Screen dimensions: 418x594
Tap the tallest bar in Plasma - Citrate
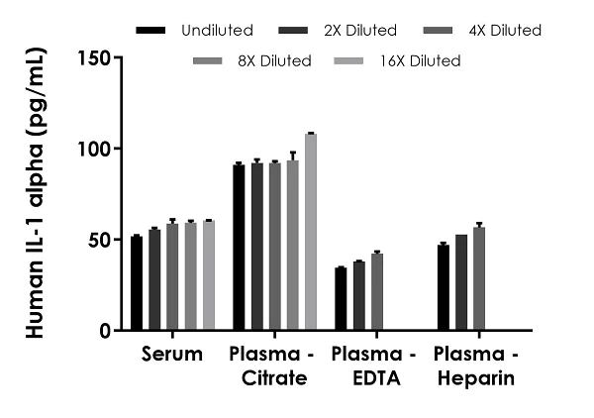click(x=311, y=232)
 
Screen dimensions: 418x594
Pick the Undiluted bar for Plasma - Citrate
click(x=239, y=248)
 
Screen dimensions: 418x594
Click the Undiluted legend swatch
click(x=151, y=31)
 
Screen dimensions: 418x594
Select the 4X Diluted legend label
click(x=505, y=31)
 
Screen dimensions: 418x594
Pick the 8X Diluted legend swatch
click(x=210, y=61)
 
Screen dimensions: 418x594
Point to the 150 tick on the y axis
click(x=116, y=57)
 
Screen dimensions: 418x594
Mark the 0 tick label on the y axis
click(x=104, y=331)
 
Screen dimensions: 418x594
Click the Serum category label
click(x=172, y=355)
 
